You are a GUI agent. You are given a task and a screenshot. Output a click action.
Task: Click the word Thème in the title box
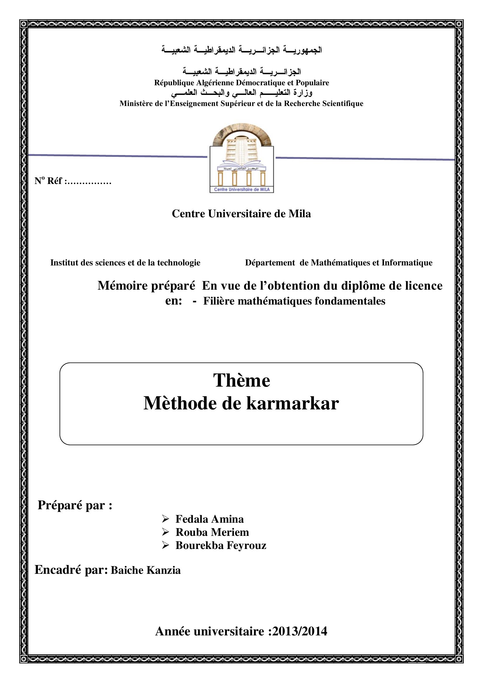click(241, 380)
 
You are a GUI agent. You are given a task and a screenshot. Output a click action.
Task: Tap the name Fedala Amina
click(209, 519)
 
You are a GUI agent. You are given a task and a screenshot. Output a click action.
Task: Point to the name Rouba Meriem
click(212, 532)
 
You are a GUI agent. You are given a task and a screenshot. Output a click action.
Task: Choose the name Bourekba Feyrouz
click(221, 545)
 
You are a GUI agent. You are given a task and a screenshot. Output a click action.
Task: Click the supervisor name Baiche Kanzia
click(145, 570)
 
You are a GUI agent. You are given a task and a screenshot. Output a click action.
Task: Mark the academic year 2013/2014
click(300, 631)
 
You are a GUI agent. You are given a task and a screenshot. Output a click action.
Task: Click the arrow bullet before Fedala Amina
click(165, 519)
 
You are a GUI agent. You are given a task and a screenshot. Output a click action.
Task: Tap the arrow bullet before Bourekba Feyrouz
click(165, 545)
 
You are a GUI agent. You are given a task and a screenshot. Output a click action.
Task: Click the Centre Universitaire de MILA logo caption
click(241, 190)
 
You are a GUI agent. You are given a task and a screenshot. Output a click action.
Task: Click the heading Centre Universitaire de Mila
click(241, 213)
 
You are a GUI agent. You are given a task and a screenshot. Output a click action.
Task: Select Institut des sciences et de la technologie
click(125, 263)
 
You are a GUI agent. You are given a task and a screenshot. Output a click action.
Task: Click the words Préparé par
click(75, 505)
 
